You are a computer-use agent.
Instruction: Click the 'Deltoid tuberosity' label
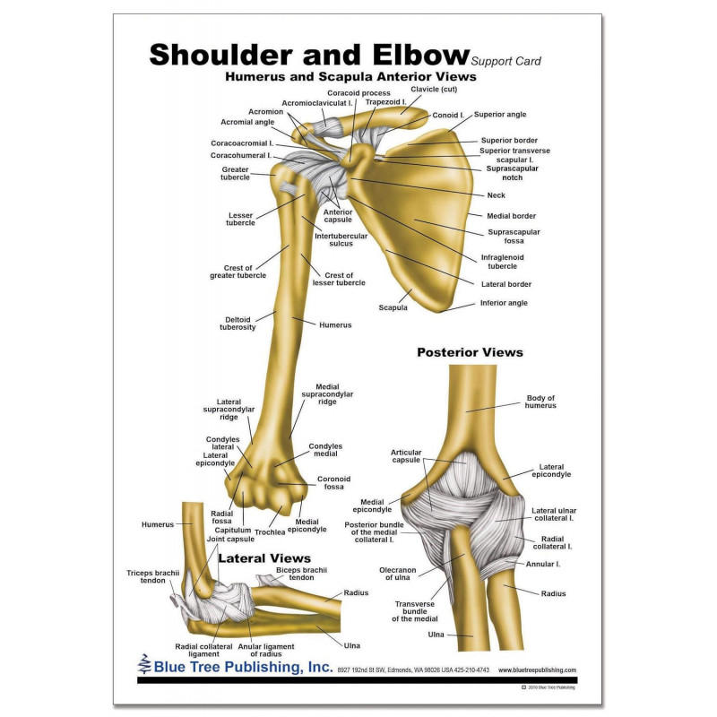(239, 323)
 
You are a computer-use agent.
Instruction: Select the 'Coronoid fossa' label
(333, 483)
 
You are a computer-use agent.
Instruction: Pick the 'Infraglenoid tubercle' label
(503, 262)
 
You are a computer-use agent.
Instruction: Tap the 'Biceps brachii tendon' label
(302, 574)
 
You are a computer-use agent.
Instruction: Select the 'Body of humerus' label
(540, 402)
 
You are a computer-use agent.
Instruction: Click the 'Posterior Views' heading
(470, 352)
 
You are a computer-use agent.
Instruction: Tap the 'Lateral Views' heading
(264, 558)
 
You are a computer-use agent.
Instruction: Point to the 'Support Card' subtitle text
(505, 61)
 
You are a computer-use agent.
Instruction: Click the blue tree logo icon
(145, 666)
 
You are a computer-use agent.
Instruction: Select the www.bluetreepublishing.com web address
(537, 669)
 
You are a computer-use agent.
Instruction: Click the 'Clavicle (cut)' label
(434, 90)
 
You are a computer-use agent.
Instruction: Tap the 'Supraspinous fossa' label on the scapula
(514, 236)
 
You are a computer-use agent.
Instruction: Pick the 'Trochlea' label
(269, 532)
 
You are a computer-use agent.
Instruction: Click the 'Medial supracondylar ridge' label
(327, 394)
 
